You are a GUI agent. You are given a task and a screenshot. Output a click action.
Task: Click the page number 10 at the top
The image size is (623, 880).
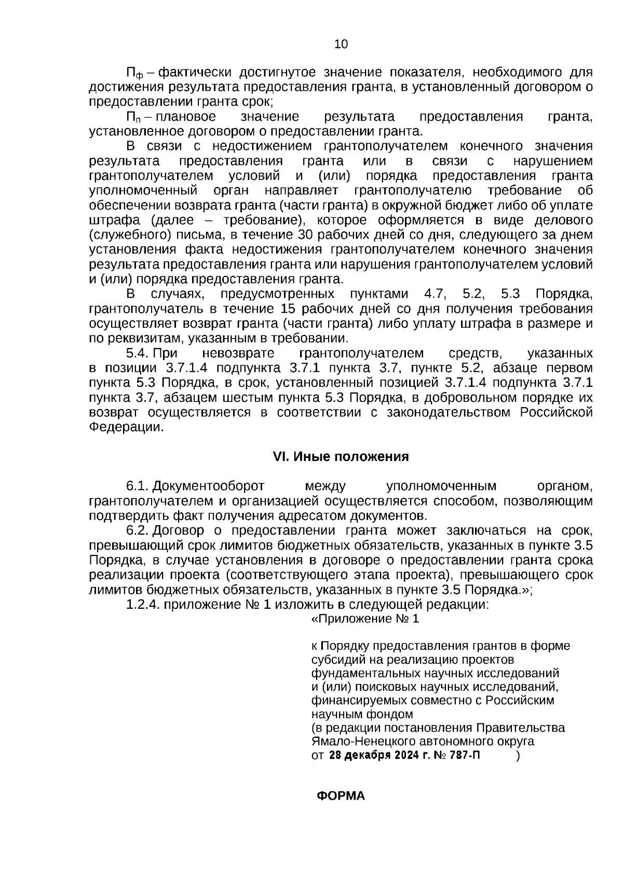coord(341,44)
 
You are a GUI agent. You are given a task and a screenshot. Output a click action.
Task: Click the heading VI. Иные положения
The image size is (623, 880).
coord(341,457)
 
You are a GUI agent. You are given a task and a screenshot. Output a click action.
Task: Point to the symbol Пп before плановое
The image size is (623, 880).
coord(134,117)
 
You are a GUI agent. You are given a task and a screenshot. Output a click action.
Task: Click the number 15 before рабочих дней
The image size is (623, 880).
coord(288,310)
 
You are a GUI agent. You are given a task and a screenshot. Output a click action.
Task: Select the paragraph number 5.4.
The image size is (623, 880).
coord(138,354)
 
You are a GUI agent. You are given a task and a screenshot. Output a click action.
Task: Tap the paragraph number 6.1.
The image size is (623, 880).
coord(138,486)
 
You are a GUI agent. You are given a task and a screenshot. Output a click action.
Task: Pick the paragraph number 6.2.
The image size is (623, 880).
coord(138,531)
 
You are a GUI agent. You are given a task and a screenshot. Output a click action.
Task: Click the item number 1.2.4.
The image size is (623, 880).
coord(143,605)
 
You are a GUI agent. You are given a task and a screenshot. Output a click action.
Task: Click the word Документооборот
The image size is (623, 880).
coord(209,486)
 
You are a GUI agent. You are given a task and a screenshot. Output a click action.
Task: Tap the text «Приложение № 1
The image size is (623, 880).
coord(364,619)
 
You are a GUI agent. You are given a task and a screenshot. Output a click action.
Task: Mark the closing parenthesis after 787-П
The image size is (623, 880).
coord(518,756)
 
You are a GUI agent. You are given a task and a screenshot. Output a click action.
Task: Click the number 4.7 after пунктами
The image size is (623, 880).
coord(435,295)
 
